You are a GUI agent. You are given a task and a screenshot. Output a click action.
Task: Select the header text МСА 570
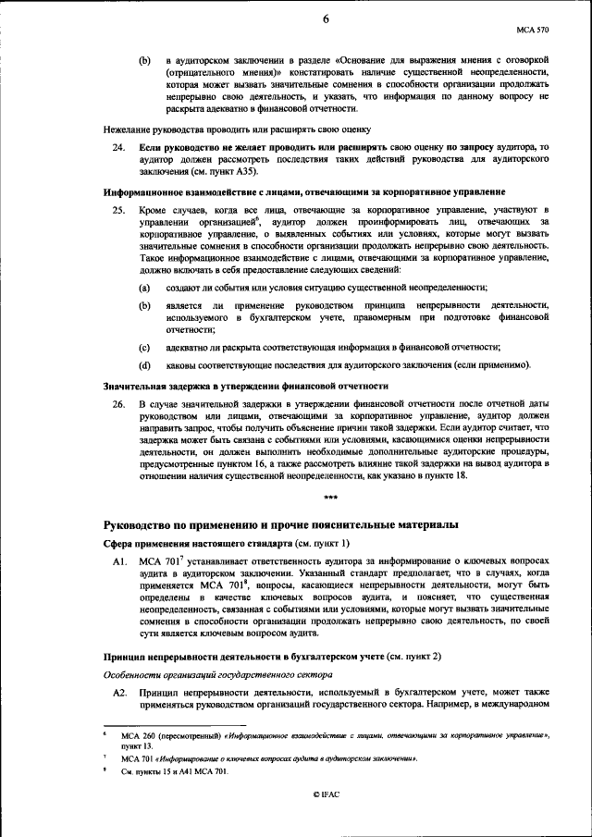point(533,30)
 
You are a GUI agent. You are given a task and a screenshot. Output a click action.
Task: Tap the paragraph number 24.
point(119,147)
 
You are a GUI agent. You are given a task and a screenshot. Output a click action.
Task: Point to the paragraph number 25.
point(119,212)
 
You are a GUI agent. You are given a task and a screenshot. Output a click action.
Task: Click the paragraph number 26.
point(119,405)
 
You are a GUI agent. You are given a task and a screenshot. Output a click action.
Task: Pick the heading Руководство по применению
point(280,524)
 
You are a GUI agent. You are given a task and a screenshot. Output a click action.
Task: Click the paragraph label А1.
point(119,561)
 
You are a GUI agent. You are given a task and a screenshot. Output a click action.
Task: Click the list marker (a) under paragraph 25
point(145,289)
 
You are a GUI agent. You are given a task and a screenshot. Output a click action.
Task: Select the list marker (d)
point(145,365)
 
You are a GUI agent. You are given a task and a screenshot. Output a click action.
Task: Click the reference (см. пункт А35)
point(222,171)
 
